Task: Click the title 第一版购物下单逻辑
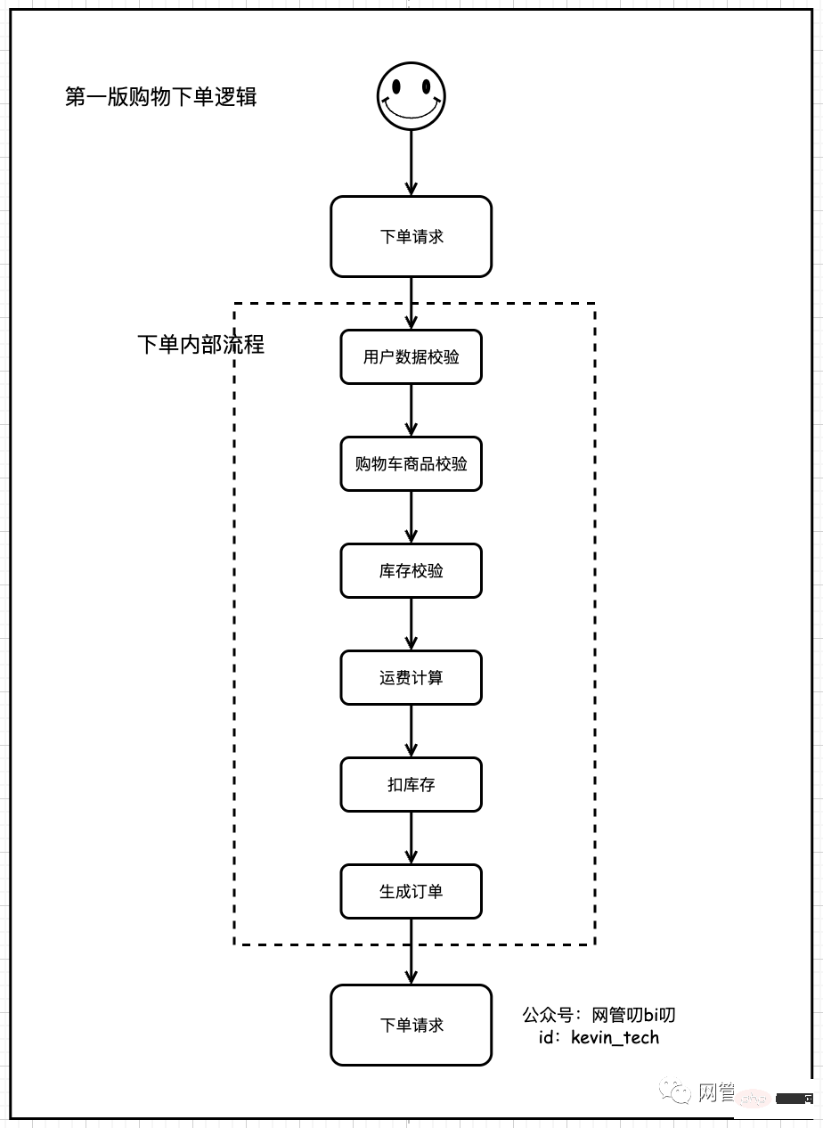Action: tap(161, 97)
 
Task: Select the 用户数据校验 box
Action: tap(411, 357)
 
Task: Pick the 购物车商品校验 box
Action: tap(411, 464)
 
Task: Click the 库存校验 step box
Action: tap(411, 571)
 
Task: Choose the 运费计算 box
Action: tap(411, 678)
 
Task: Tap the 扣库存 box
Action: tap(411, 785)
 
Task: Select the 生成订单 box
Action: tap(411, 892)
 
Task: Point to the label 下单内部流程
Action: tap(201, 345)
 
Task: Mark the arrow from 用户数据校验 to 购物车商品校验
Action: tap(411, 411)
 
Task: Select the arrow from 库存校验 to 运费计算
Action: tap(411, 625)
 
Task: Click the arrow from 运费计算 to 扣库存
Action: tap(411, 732)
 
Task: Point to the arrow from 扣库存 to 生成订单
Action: tap(411, 838)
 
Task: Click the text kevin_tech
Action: tap(615, 1037)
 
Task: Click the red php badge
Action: tap(753, 1099)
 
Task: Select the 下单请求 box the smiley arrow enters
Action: tap(411, 237)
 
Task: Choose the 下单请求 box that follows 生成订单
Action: tap(411, 1026)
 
